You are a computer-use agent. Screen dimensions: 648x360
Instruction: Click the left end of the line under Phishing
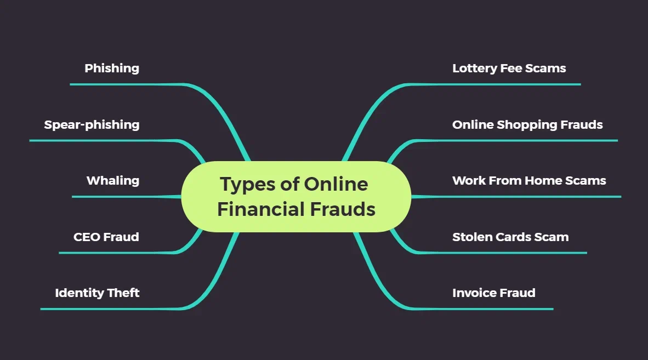70,84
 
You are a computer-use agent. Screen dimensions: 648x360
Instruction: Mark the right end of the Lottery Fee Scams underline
581,84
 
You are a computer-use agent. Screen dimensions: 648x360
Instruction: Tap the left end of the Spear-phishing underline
30,140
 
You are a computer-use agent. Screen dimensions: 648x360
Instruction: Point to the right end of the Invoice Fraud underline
553,309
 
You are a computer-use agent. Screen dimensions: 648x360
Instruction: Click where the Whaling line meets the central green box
181,197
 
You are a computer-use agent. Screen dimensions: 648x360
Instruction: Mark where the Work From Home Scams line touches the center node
411,197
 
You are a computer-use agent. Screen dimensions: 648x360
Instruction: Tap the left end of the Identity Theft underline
41,309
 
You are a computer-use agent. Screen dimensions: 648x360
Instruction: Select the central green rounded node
296,197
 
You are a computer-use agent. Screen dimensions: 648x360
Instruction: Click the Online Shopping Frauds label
527,125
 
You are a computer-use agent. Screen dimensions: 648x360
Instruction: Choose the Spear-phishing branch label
92,125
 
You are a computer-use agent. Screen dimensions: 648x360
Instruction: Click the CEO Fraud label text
106,237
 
